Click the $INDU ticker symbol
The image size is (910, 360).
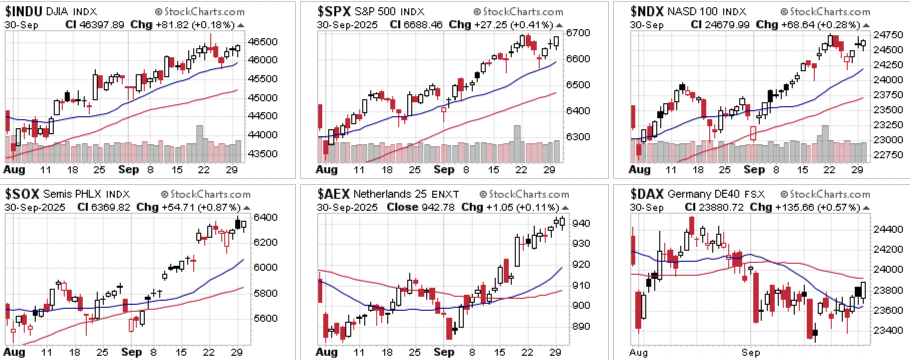coord(23,11)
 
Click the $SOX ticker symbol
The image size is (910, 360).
coord(22,194)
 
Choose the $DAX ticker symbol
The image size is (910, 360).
coord(647,194)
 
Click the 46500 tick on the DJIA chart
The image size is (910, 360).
coord(262,42)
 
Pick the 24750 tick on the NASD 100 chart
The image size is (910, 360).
coord(888,35)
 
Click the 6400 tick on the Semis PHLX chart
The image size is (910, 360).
coord(265,217)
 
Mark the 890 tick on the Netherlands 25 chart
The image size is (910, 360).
coord(581,327)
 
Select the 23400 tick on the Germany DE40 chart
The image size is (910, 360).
coord(888,330)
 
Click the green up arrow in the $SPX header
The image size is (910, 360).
coord(559,25)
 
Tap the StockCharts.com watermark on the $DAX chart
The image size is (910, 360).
coord(825,194)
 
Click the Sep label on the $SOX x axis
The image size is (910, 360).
coord(131,352)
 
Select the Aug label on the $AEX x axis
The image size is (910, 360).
coord(326,352)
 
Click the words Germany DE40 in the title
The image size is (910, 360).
coord(697,194)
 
